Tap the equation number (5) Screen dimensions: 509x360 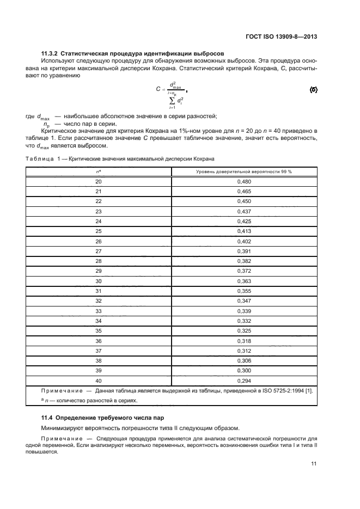pos(313,89)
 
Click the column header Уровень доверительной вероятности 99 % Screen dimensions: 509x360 pos(244,171)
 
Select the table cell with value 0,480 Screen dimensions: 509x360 pos(244,181)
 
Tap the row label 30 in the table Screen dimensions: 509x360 pos(99,281)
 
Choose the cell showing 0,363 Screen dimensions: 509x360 pos(244,281)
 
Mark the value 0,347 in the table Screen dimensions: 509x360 pos(244,301)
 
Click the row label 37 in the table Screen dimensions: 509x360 pos(99,350)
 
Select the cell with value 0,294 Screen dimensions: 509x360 pos(244,380)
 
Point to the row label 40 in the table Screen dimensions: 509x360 pos(99,380)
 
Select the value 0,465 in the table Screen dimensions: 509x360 pos(244,191)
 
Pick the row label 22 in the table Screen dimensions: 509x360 pos(99,201)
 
